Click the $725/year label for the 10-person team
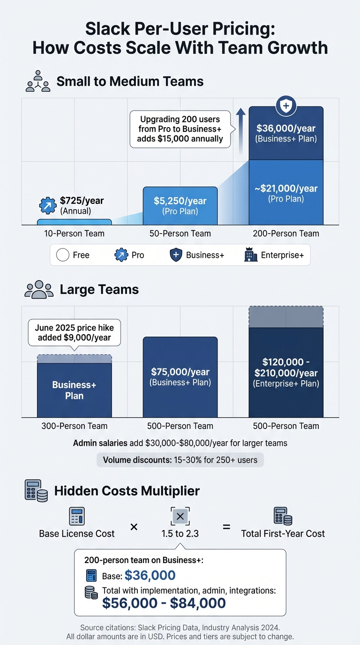click(x=82, y=201)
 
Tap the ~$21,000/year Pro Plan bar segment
click(x=286, y=193)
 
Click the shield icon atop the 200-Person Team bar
click(x=285, y=105)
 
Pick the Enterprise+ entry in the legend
click(x=274, y=255)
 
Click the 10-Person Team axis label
click(x=74, y=233)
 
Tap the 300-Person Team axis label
click(x=74, y=426)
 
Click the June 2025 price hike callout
click(x=74, y=332)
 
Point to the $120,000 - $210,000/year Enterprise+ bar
click(x=285, y=373)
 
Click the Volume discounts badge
click(x=180, y=460)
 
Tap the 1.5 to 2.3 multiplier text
click(x=180, y=533)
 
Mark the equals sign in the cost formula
click(x=226, y=527)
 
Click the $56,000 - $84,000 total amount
click(x=164, y=603)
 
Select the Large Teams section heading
click(x=99, y=289)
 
